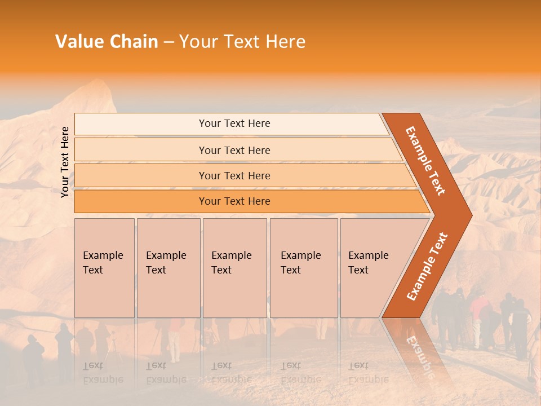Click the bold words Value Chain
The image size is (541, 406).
[107, 42]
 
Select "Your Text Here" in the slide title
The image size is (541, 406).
[242, 42]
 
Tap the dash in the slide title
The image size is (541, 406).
[168, 42]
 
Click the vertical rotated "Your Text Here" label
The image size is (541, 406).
[65, 162]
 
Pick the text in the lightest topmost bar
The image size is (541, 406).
[234, 123]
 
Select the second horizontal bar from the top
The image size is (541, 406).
[234, 150]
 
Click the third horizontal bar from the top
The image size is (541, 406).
[234, 175]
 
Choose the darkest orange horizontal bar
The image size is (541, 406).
[234, 201]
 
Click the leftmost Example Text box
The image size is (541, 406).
[104, 268]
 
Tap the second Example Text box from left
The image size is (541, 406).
[168, 268]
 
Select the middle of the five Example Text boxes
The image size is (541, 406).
[234, 268]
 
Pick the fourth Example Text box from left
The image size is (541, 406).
[303, 268]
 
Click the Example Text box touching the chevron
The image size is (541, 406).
[372, 268]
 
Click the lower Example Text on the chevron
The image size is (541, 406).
[427, 266]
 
